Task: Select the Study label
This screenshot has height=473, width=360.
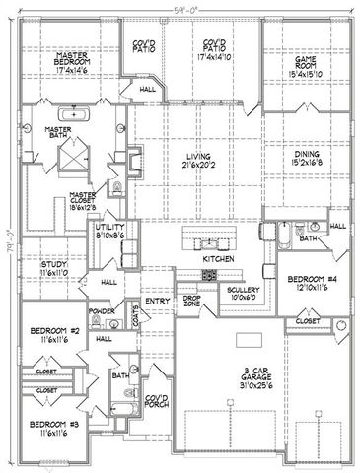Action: [x=52, y=264]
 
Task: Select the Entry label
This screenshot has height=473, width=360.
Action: [x=158, y=302]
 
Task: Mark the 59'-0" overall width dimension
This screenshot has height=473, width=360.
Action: [x=180, y=9]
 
